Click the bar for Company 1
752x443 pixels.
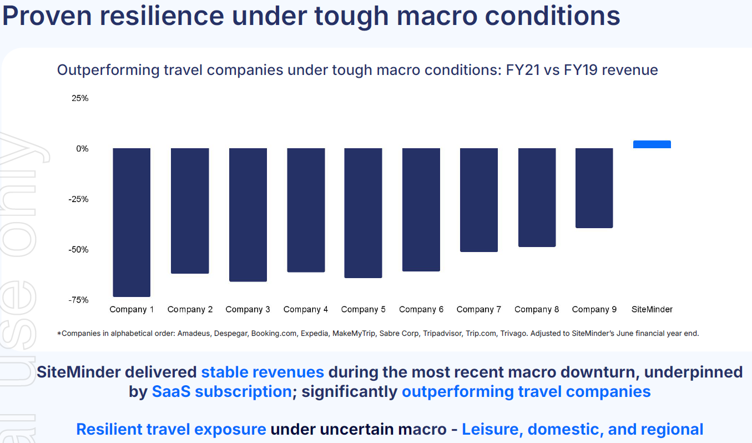pos(132,222)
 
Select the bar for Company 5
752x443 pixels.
pos(363,213)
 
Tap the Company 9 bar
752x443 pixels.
pos(594,188)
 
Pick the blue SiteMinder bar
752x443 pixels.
pos(652,144)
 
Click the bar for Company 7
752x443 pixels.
pos(478,200)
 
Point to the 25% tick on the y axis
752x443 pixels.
pos(80,98)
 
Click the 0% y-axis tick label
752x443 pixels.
pos(82,149)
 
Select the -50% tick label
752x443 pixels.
pos(78,249)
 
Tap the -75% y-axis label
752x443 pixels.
pos(78,300)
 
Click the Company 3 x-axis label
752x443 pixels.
pos(248,309)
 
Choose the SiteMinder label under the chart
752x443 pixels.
pos(652,309)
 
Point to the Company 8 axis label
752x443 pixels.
pos(536,309)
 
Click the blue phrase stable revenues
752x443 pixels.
pos(263,372)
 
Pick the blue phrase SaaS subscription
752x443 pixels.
pos(221,391)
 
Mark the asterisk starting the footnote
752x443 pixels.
pos(59,334)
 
